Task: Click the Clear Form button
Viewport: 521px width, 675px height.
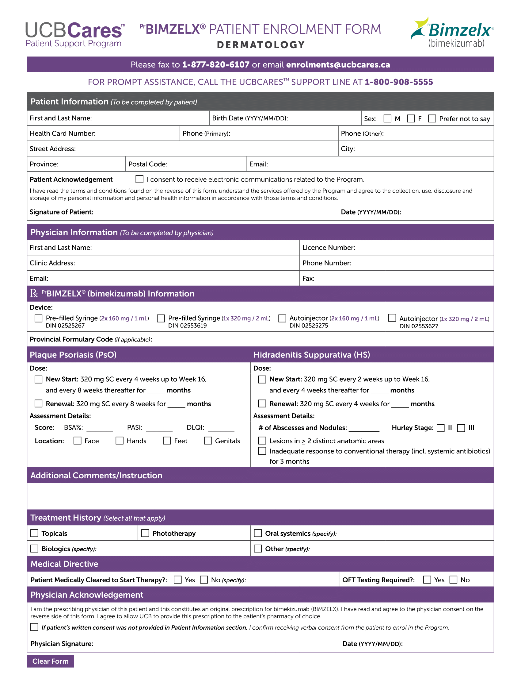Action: click(50, 661)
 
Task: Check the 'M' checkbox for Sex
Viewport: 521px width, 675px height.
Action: click(387, 119)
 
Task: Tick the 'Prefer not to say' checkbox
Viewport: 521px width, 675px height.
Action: click(432, 119)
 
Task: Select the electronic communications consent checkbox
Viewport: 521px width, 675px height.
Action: click(139, 179)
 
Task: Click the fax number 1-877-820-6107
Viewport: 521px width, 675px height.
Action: click(216, 65)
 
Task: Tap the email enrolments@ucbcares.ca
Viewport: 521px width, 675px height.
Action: click(338, 65)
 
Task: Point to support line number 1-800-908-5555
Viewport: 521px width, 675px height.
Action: click(399, 82)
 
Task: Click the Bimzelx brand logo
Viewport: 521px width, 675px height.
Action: click(452, 33)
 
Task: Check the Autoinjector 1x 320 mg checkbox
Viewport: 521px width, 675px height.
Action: click(392, 318)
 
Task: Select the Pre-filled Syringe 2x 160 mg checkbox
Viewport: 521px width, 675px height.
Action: click(39, 318)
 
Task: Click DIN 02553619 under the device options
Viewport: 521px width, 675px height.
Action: click(187, 326)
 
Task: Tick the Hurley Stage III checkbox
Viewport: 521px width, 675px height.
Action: click(461, 428)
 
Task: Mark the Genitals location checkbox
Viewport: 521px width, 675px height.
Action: click(208, 441)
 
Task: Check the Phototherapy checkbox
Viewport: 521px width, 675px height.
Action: click(145, 533)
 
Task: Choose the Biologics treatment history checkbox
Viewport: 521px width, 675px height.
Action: click(34, 549)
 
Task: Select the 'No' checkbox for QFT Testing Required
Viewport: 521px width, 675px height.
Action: click(453, 580)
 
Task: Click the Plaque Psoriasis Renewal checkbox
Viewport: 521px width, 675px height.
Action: click(39, 404)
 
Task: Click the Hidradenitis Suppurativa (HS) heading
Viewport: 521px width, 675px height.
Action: click(311, 355)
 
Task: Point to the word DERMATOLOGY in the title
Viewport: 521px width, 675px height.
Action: click(261, 45)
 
